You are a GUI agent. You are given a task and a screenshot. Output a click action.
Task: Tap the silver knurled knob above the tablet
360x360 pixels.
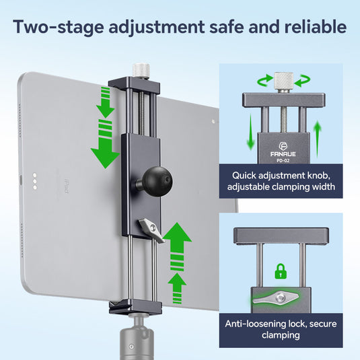pyautogui.click(x=141, y=70)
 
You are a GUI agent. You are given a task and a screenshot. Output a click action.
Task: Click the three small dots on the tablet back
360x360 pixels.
pyautogui.click(x=34, y=182)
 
